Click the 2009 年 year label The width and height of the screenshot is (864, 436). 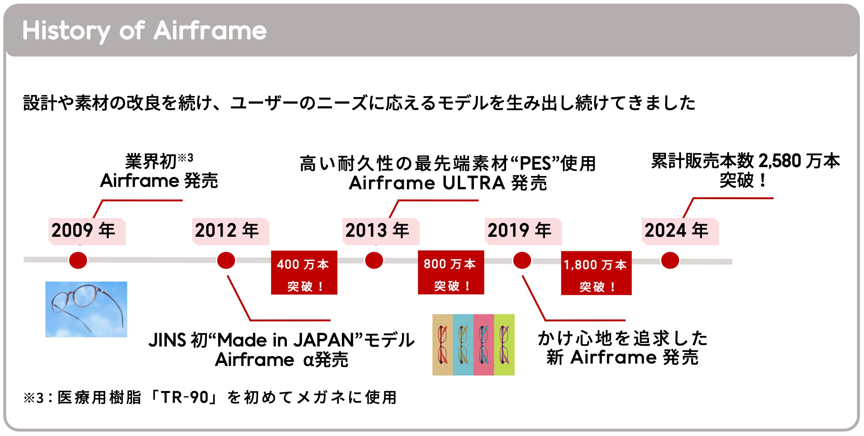84,230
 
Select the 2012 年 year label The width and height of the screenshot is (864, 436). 227,230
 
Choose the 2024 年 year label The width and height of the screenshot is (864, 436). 677,230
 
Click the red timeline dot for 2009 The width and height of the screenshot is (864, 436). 78,260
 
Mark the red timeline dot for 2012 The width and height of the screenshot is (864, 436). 226,260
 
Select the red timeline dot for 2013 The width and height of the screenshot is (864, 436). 374,260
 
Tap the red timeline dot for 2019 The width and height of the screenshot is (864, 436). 522,260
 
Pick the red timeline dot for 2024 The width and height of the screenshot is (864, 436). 670,260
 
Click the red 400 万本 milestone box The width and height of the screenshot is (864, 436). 304,273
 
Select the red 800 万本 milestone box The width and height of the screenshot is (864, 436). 451,272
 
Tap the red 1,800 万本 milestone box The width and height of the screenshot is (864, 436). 596,273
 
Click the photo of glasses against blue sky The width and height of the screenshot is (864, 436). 86,309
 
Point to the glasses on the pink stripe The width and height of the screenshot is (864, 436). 483,345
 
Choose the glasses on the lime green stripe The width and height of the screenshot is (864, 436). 504,345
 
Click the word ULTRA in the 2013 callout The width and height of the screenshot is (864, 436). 474,183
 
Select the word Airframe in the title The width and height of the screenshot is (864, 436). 210,31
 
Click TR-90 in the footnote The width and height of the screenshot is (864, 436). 185,397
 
